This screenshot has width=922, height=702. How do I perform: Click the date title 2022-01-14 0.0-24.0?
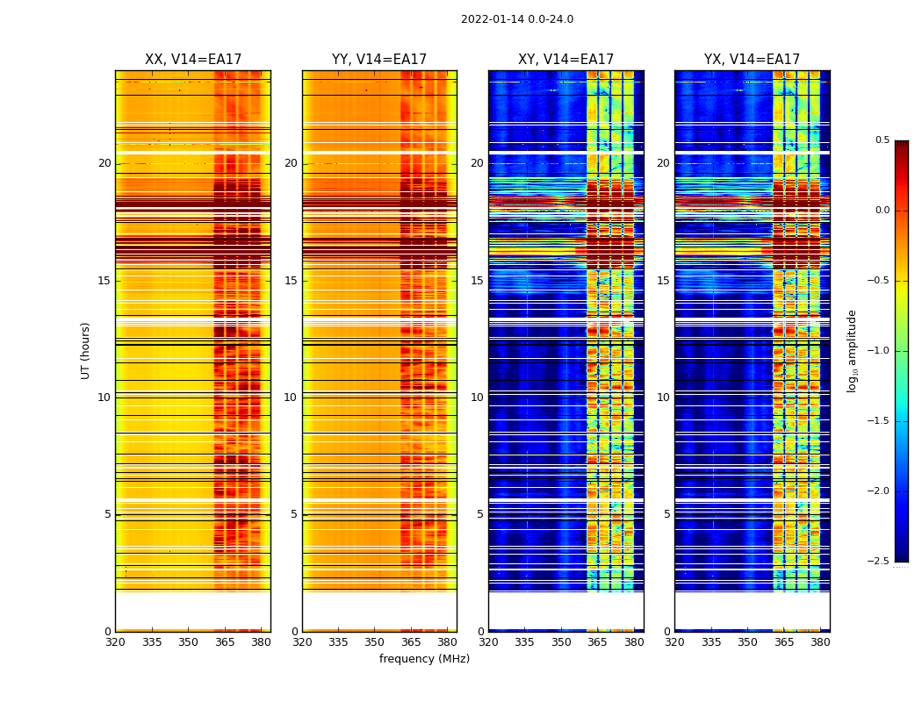point(517,19)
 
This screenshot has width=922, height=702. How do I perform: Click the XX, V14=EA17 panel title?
point(193,60)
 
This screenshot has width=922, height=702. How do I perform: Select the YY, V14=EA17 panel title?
point(379,60)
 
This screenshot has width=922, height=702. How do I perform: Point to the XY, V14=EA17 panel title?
point(565,60)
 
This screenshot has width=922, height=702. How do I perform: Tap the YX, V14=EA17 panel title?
point(752,60)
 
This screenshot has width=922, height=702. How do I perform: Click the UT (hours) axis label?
point(86,350)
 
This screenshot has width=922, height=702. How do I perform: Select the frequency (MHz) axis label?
point(424,659)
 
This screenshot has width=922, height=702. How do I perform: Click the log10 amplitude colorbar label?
point(852,350)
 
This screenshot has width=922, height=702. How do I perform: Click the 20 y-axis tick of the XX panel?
point(104,163)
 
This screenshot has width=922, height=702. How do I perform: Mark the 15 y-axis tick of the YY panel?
point(291,281)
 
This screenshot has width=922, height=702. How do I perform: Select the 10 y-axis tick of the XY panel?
point(477,398)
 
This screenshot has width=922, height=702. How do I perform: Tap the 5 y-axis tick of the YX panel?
point(666,514)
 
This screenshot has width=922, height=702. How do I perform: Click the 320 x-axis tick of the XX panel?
point(115,641)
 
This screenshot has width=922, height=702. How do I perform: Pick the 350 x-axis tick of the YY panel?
point(375,641)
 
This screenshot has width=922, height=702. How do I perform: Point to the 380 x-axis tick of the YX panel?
point(820,641)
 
